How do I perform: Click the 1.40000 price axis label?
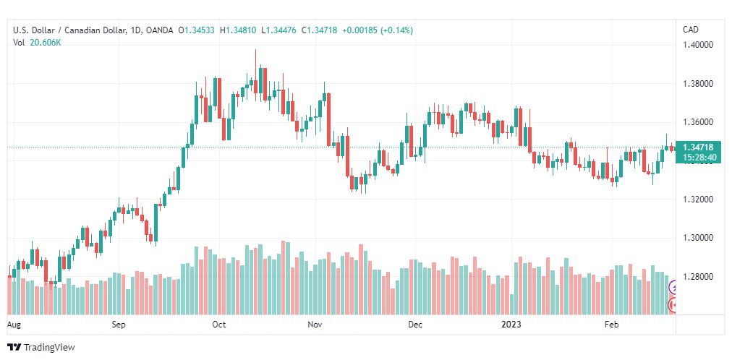699,46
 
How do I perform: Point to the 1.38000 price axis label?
699,84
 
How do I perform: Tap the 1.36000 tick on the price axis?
699,123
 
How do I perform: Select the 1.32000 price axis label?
699,200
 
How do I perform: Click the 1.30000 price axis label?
699,239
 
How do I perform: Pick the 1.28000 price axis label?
699,277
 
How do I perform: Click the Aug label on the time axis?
14,325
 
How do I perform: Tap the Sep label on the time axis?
119,325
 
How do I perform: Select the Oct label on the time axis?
218,325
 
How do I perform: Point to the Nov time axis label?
315,325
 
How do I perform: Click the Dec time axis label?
414,325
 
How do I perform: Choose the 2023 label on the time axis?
511,325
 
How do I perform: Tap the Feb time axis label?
611,325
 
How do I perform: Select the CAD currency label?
691,30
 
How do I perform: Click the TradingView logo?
41,348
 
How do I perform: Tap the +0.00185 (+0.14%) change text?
378,30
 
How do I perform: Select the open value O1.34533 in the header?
197,30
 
